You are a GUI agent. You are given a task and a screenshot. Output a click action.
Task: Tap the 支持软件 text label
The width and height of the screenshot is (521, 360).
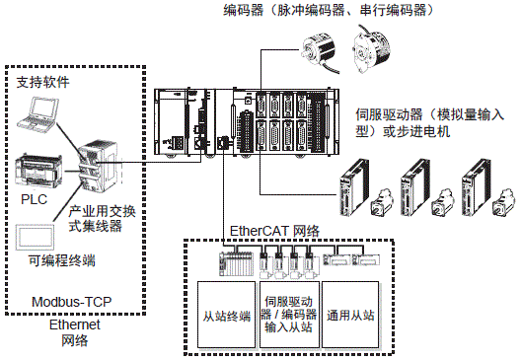click(43, 84)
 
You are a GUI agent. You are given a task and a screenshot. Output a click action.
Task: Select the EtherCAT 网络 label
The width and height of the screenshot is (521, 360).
click(274, 231)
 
